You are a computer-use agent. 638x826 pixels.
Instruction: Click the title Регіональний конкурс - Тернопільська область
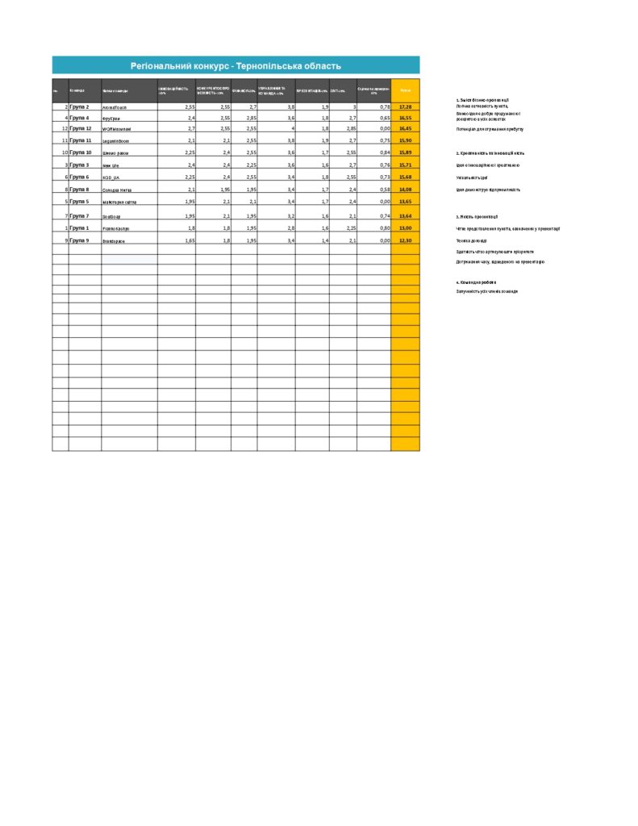236,65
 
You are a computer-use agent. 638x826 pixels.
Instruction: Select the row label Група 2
80,106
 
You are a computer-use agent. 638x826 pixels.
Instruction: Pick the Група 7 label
80,216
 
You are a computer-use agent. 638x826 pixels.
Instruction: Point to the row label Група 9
80,240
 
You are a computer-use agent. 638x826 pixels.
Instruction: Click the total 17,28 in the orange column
406,106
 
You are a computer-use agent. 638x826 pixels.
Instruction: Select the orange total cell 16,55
406,118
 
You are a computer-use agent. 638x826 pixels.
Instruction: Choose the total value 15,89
406,152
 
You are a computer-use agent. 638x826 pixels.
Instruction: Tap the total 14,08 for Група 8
406,190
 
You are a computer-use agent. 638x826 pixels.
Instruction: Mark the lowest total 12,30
406,240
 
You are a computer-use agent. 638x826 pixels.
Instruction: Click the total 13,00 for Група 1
406,228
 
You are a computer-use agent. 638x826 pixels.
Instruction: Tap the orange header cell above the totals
406,90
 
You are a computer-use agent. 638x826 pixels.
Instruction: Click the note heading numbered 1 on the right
482,99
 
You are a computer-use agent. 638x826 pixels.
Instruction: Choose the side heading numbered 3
477,217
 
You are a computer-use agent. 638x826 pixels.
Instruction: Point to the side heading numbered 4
476,282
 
